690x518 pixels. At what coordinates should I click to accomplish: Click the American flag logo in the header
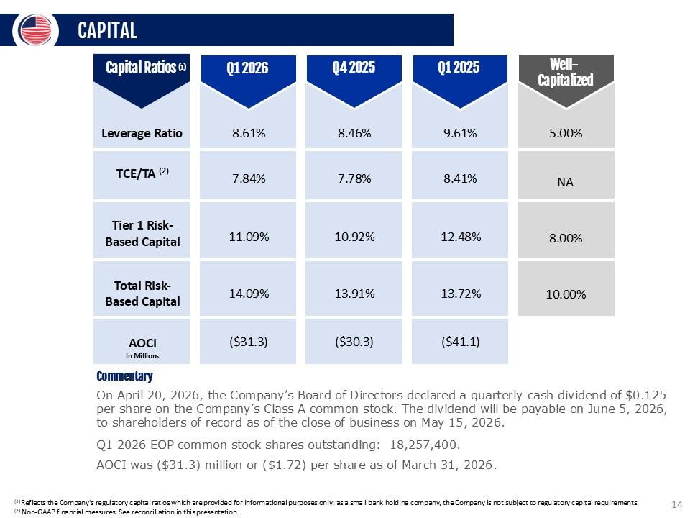[x=35, y=29]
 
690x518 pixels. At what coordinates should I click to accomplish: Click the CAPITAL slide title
[x=107, y=30]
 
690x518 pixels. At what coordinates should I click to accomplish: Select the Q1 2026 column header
[x=247, y=68]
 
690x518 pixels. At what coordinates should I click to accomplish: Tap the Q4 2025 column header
[x=354, y=68]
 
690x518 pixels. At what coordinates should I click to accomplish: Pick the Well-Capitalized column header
[x=566, y=73]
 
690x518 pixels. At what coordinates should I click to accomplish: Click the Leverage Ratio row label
[x=142, y=133]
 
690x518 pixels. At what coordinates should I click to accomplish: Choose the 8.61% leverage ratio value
[x=247, y=133]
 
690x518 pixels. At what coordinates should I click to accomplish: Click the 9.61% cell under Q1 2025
[x=461, y=133]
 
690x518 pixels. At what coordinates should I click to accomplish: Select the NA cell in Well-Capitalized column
[x=566, y=182]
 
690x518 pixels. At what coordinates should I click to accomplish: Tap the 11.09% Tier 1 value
[x=247, y=237]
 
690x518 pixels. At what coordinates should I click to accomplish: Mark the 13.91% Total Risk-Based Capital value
[x=354, y=293]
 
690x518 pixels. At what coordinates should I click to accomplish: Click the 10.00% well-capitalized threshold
[x=566, y=294]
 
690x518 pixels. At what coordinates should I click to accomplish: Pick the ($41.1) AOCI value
[x=461, y=341]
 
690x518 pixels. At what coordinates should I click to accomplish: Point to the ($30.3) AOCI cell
[x=354, y=341]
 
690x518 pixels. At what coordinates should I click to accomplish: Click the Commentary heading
[x=124, y=376]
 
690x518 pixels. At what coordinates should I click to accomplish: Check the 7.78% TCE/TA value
[x=354, y=178]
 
